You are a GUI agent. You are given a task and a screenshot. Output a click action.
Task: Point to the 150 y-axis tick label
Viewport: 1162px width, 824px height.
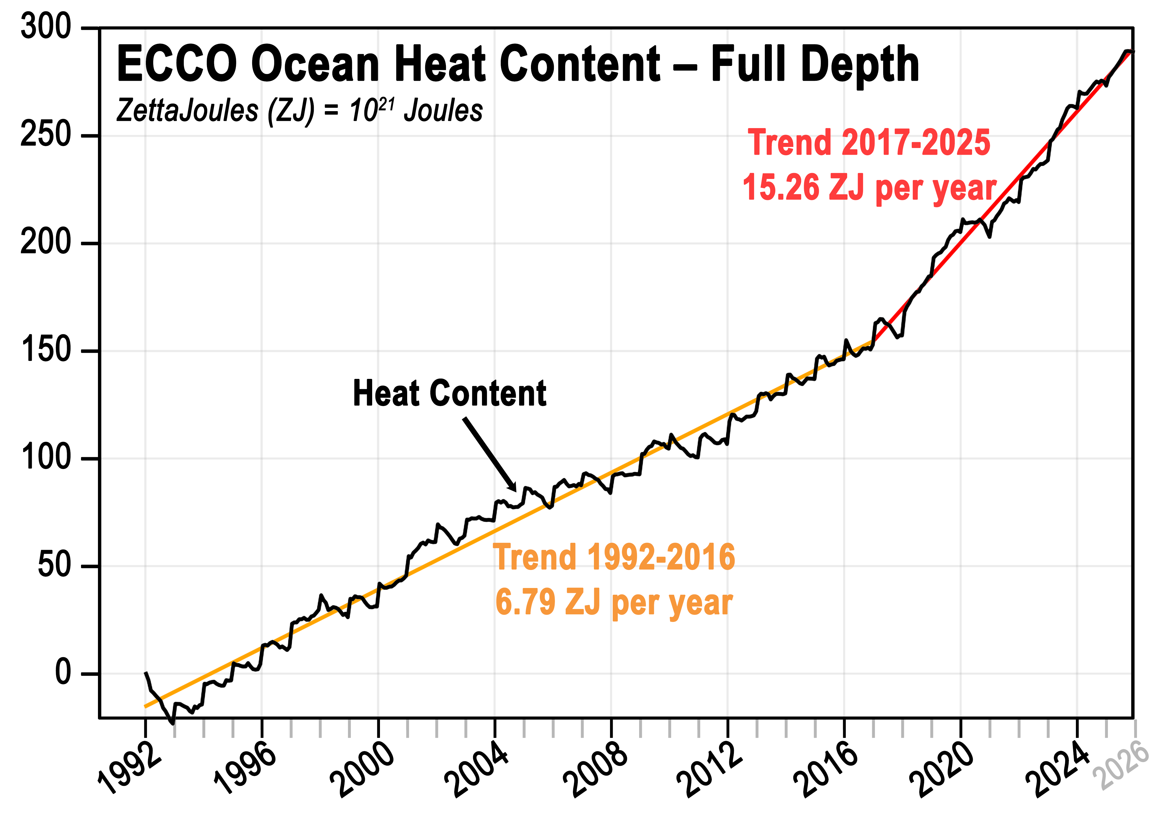pyautogui.click(x=46, y=350)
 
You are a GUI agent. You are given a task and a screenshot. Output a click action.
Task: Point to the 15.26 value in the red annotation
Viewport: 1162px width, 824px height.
pyautogui.click(x=781, y=187)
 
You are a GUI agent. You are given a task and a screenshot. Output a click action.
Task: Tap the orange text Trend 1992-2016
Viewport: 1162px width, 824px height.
pyautogui.click(x=614, y=557)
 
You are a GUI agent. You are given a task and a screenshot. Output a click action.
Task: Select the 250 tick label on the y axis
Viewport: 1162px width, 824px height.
pyautogui.click(x=46, y=135)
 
